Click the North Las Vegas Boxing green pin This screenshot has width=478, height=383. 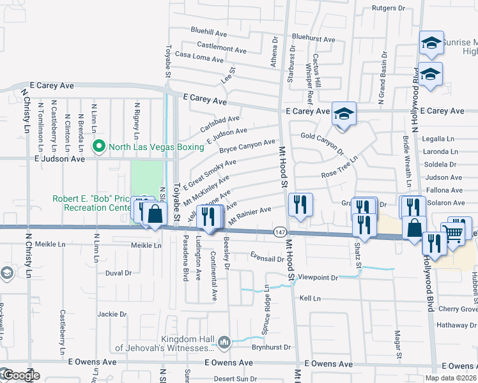coord(98,147)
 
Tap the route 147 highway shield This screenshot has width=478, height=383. coord(279,230)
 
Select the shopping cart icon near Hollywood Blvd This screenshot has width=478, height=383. coord(453,234)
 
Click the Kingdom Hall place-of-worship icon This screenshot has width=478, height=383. coord(224,343)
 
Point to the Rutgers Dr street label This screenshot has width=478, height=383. coord(389,9)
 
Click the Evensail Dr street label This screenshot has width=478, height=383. coord(266,259)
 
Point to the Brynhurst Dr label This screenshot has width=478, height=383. coord(271,347)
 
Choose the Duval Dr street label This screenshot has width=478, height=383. coord(118,273)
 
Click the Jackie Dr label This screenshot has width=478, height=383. coord(112,314)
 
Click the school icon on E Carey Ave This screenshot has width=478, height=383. coord(344,114)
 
